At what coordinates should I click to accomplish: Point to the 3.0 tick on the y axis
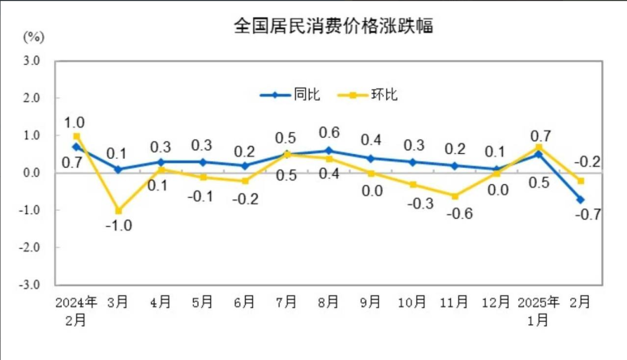point(32,60)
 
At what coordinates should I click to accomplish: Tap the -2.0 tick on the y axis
point(30,247)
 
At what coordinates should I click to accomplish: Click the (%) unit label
point(32,36)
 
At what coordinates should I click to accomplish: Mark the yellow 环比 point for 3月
point(118,211)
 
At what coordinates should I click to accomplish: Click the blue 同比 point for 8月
point(328,150)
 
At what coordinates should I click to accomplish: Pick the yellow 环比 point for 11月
point(456,196)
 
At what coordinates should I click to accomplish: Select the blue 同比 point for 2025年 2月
point(581,199)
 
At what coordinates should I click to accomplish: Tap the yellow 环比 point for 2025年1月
point(539,147)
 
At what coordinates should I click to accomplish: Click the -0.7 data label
point(582,216)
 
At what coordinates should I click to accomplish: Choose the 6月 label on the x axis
point(244,302)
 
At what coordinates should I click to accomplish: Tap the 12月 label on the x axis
point(497,302)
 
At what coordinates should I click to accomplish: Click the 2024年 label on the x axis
point(76,302)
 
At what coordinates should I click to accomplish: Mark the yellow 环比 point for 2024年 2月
point(76,136)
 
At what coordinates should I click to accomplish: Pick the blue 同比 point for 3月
point(118,169)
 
